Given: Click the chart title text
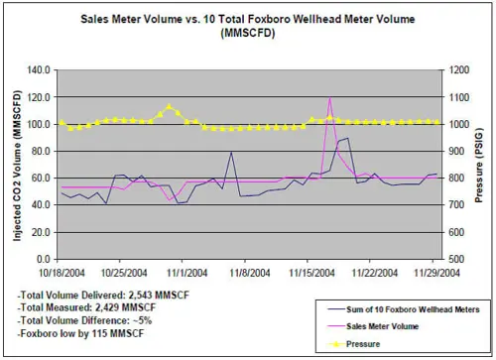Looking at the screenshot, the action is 248,26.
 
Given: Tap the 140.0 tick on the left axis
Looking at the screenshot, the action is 38,70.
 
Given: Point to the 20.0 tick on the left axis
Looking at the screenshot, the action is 41,233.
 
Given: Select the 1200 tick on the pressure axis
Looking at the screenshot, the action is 459,70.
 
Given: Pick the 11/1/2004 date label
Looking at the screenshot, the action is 186,273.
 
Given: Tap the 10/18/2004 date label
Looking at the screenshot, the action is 62,273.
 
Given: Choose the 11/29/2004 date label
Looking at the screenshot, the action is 436,273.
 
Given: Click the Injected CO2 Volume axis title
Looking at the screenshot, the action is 17,166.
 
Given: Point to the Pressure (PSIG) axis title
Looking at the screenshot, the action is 478,165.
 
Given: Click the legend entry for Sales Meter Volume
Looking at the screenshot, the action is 382,326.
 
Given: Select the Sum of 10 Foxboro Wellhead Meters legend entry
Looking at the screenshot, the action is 413,309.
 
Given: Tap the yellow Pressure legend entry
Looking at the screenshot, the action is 363,344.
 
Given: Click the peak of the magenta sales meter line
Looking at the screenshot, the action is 329,98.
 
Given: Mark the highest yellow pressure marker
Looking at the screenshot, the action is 169,106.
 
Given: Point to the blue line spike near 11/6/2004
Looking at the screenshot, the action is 231,152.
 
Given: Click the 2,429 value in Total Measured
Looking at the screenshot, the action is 107,307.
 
